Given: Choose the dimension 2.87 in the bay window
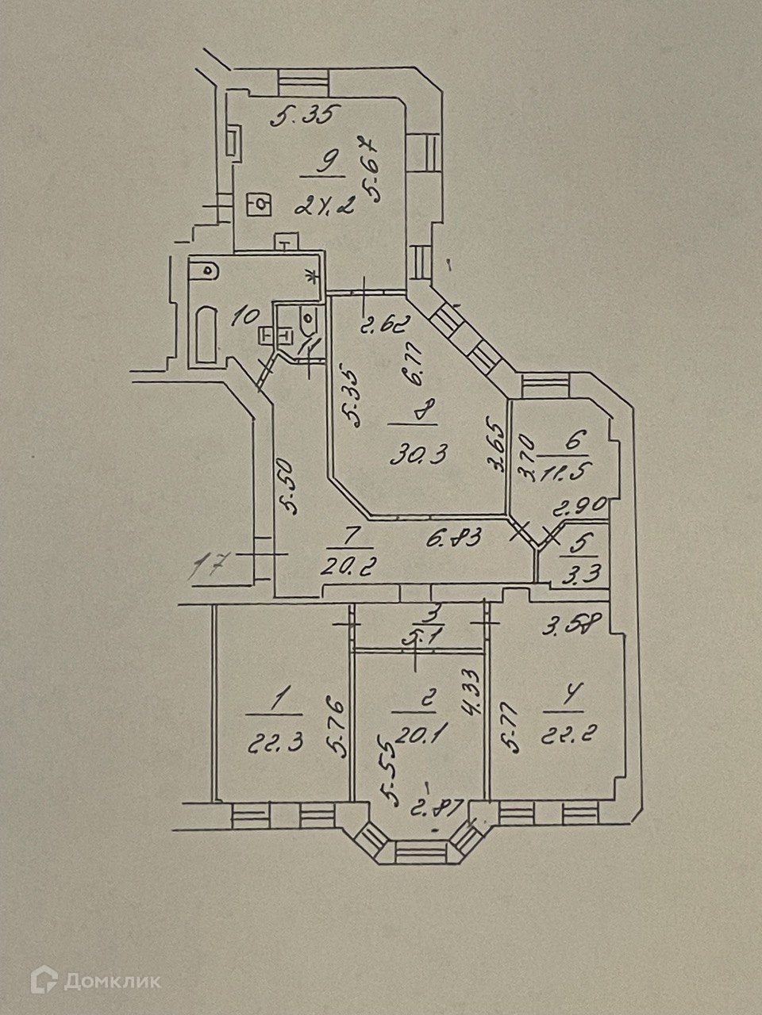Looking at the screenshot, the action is pyautogui.click(x=429, y=809).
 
